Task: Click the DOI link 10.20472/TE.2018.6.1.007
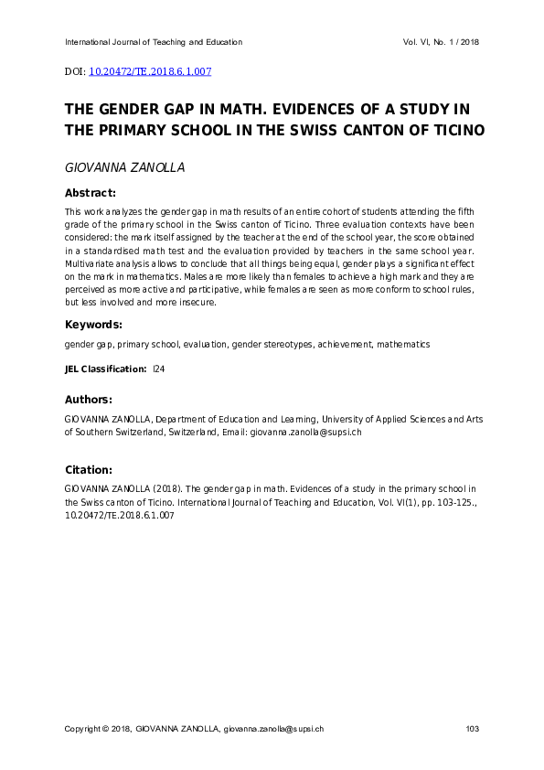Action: [x=150, y=70]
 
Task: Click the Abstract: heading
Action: [x=90, y=193]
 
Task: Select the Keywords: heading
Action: [x=92, y=325]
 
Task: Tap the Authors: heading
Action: [x=88, y=400]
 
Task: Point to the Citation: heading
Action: [x=88, y=469]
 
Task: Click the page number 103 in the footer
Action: [x=472, y=729]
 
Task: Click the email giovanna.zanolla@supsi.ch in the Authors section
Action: [x=306, y=432]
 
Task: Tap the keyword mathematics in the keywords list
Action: [x=402, y=345]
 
